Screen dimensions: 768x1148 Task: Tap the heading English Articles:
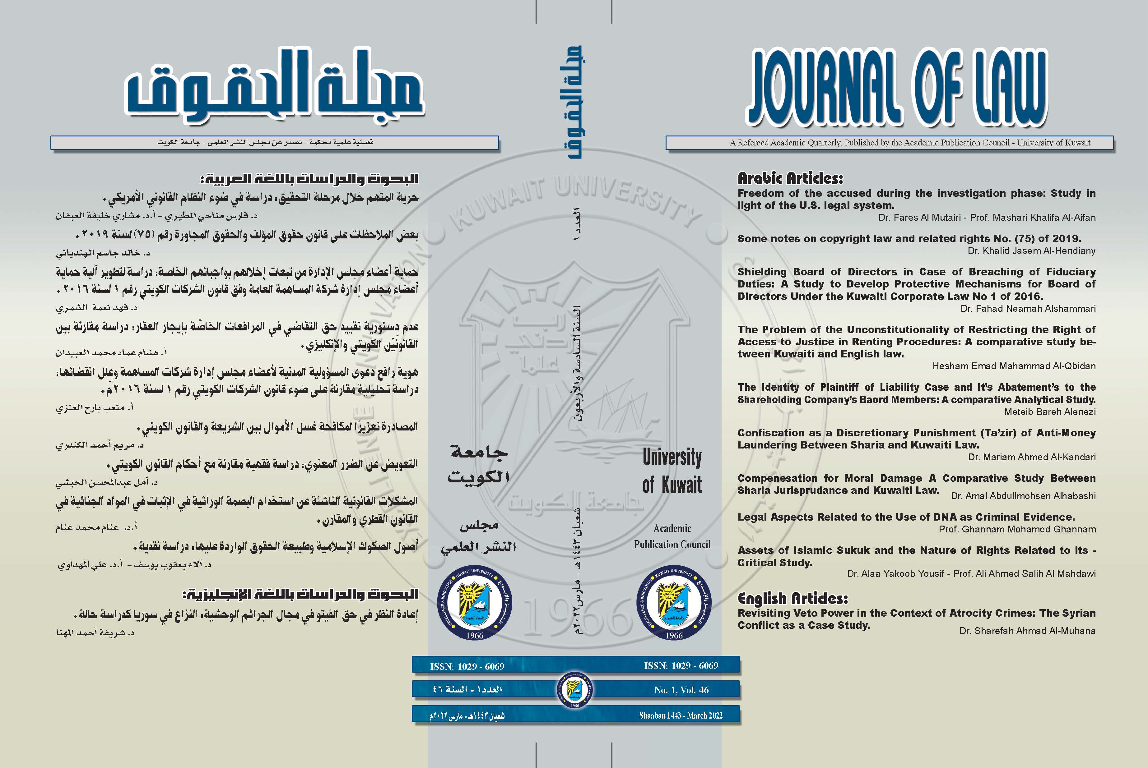click(792, 598)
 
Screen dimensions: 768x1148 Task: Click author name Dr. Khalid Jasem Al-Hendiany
click(1031, 251)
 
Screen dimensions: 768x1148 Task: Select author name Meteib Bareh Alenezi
click(1049, 412)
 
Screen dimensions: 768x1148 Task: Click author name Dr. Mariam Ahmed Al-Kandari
click(1031, 457)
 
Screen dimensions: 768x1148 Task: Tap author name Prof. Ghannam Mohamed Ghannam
click(1017, 529)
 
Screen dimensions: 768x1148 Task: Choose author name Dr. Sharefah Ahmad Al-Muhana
click(1027, 631)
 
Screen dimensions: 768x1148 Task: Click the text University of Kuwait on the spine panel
click(672, 470)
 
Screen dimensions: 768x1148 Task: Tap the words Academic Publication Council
click(672, 536)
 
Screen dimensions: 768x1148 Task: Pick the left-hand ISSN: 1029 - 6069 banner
click(467, 666)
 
